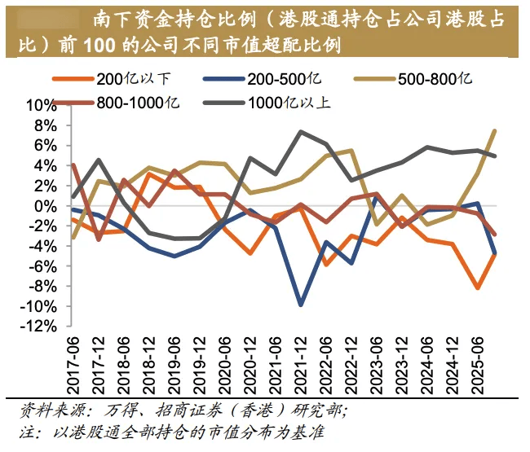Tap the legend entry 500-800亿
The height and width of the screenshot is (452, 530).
point(433,79)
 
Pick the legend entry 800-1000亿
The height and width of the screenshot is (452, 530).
point(134,103)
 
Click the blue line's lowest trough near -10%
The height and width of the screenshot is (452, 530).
point(302,305)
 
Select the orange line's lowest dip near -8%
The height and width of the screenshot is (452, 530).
point(479,287)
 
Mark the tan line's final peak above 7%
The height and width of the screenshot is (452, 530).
point(495,130)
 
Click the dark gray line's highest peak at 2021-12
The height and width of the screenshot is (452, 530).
point(302,132)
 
